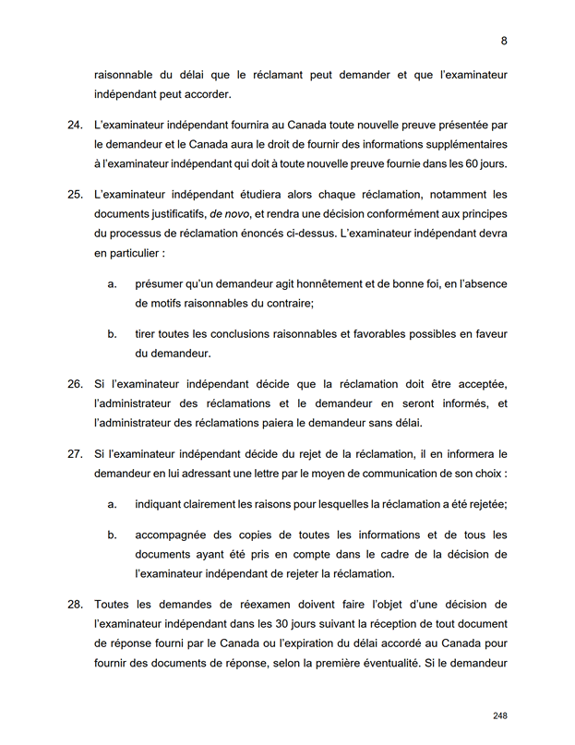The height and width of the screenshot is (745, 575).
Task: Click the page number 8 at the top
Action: coord(504,41)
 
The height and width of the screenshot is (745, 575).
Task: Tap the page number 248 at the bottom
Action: coord(500,715)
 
